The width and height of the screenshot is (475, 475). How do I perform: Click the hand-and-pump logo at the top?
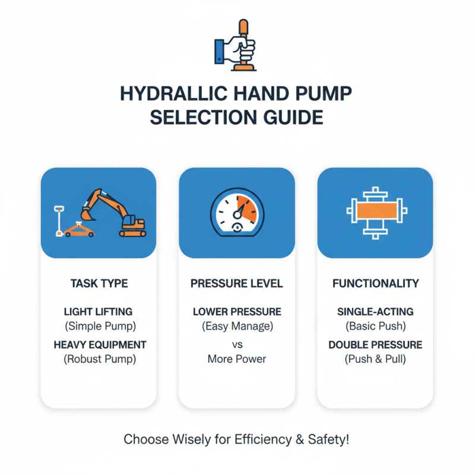click(236, 46)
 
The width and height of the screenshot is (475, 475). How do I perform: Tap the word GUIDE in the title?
click(292, 116)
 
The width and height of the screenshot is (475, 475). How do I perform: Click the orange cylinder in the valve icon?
click(375, 213)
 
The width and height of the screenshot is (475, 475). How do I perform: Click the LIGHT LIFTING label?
click(99, 312)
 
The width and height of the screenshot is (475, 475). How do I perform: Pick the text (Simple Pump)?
click(99, 325)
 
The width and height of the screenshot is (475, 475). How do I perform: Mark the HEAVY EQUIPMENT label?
click(99, 345)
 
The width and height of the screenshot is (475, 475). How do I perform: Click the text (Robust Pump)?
click(99, 359)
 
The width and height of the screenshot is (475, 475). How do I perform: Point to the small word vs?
click(237, 344)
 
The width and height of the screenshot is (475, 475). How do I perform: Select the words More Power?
click(237, 359)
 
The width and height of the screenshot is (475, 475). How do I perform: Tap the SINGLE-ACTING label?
click(375, 312)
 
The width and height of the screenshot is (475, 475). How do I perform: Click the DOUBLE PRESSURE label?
click(375, 345)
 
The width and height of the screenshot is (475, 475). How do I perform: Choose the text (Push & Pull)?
click(375, 359)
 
